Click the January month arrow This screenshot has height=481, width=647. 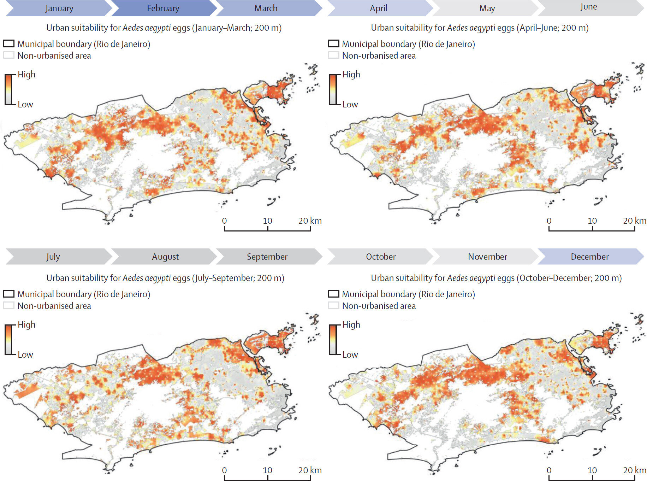pyautogui.click(x=59, y=8)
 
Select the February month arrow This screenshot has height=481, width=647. pyautogui.click(x=163, y=8)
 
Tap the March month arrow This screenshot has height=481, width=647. pyautogui.click(x=266, y=8)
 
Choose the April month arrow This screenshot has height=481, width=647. pyautogui.click(x=379, y=8)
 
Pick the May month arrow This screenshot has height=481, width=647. pyautogui.click(x=487, y=8)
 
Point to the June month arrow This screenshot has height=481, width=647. pyautogui.click(x=589, y=7)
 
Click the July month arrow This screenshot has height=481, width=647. pyautogui.click(x=53, y=257)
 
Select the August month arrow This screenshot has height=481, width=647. pyautogui.click(x=165, y=257)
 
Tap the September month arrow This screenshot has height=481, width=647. pyautogui.click(x=267, y=257)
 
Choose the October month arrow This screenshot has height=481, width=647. pyautogui.click(x=381, y=257)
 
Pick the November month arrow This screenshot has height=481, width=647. pyautogui.click(x=487, y=257)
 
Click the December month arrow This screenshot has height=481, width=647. pyautogui.click(x=590, y=257)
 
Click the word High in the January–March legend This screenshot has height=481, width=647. pyautogui.click(x=26, y=75)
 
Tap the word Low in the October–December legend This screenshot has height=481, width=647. pyautogui.click(x=350, y=354)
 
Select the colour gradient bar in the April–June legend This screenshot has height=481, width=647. pyautogui.click(x=333, y=89)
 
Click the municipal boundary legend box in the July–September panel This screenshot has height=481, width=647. pyautogui.click(x=9, y=294)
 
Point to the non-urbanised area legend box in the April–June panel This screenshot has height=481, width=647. pyautogui.click(x=333, y=55)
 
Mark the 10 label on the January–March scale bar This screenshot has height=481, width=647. pyautogui.click(x=267, y=221)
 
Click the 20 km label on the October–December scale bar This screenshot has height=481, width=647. pyautogui.click(x=634, y=470)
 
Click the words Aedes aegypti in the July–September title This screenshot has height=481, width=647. pyautogui.click(x=147, y=278)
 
